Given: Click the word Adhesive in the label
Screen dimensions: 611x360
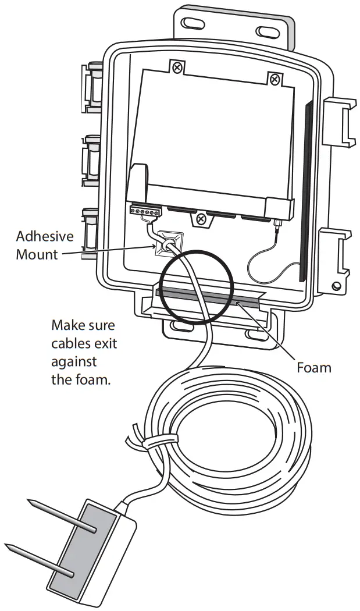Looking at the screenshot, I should (x=45, y=237).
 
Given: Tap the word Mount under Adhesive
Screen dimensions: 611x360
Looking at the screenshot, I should (x=37, y=254).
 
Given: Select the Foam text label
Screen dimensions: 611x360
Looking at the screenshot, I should (x=313, y=367).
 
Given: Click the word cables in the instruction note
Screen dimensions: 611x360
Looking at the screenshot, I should (x=72, y=343).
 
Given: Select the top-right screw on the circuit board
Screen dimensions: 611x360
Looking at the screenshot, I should (x=273, y=78).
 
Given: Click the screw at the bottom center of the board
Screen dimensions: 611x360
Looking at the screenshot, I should (x=201, y=219).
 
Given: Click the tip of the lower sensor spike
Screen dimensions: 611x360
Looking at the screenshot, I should (x=7, y=546).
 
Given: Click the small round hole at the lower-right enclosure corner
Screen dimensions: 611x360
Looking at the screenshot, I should (x=336, y=287).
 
